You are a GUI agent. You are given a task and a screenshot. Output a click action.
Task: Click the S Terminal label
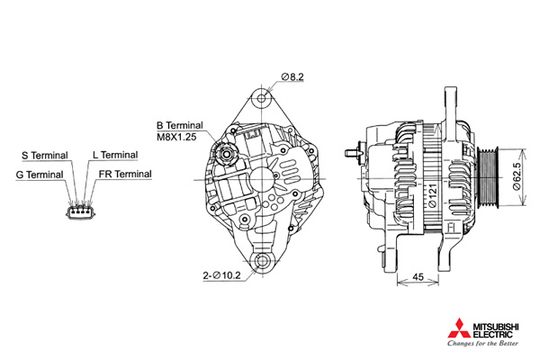45,156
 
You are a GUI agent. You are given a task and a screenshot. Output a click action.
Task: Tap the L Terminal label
115,155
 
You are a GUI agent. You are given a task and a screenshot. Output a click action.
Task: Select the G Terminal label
40,175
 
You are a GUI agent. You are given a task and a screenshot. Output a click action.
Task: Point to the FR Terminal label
125,174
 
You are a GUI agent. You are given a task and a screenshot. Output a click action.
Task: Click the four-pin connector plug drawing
81,212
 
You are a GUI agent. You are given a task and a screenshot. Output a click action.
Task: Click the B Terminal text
180,125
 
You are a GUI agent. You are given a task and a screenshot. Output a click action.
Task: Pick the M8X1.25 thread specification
176,137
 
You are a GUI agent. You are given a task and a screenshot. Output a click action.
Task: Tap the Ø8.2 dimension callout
292,76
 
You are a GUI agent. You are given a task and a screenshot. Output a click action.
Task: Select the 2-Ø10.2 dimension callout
221,275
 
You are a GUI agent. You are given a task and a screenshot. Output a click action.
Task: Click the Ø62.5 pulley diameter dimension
517,176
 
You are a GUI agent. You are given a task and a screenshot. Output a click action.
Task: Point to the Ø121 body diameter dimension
433,195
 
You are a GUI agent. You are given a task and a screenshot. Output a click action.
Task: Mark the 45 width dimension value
418,277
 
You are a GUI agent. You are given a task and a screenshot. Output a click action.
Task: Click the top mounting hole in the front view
262,98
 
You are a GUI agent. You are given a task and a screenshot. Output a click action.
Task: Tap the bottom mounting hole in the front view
263,261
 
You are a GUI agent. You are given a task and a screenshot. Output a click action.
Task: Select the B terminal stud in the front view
226,154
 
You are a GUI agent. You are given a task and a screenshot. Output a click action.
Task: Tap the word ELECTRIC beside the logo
493,335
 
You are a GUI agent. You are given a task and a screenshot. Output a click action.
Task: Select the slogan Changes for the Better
482,343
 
